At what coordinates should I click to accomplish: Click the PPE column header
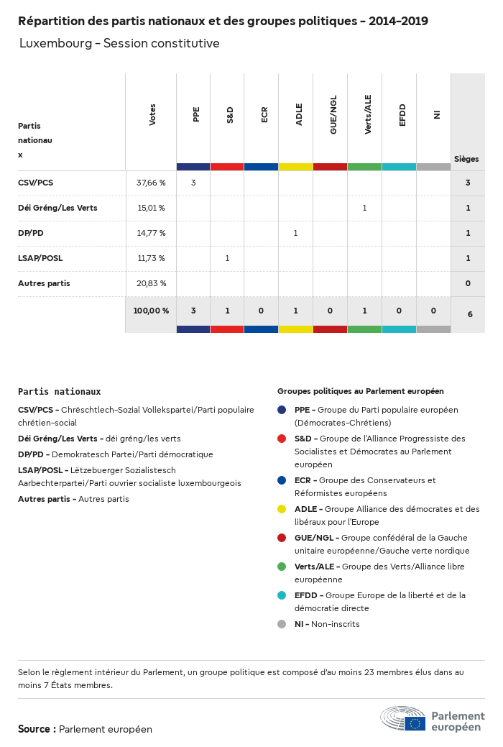pos(196,114)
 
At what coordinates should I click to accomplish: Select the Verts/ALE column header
pos(368,114)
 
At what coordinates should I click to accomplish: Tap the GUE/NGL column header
pos(333,114)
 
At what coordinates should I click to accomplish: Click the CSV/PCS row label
pos(35,183)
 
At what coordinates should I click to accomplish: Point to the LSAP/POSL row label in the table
pos(41,258)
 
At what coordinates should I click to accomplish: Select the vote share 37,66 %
pos(151,183)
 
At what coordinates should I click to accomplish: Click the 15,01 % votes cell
pos(151,208)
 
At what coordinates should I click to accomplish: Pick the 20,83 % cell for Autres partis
pos(151,283)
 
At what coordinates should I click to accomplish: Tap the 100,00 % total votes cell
pos(151,311)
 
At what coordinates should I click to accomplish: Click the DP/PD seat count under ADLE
pos(295,233)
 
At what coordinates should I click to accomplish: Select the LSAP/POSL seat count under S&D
pos(227,258)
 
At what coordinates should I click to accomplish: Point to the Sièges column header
pos(466,159)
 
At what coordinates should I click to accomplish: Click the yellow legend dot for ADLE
pos(282,509)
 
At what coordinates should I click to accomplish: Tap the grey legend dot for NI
pos(282,624)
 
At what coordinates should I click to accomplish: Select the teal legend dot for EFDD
pos(282,595)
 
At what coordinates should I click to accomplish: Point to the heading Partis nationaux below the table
pos(59,392)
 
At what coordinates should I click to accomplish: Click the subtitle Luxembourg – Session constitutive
pos(119,43)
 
